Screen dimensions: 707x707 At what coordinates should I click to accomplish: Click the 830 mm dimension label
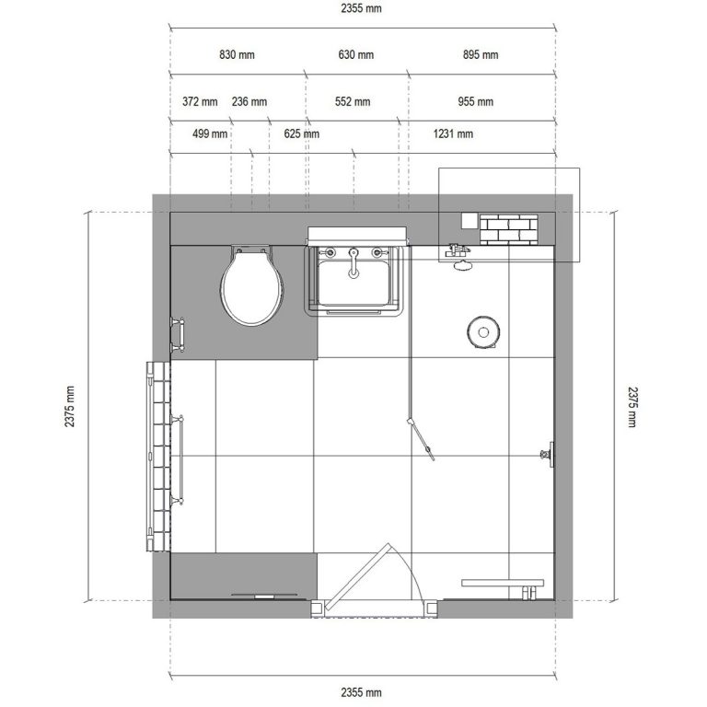(237, 55)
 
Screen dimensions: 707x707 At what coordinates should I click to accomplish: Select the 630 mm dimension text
(355, 55)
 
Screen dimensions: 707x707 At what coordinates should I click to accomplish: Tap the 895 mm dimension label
(481, 55)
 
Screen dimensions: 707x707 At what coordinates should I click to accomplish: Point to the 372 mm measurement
(200, 102)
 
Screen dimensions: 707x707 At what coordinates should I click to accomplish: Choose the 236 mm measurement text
(249, 102)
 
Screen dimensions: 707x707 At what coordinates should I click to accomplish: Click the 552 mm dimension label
(353, 102)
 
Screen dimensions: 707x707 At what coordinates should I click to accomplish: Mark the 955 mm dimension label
(476, 102)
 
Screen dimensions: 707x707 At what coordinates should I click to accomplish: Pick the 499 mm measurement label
(210, 133)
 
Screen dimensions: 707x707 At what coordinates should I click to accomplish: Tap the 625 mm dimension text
(302, 133)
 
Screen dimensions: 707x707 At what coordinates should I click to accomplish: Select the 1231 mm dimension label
(453, 133)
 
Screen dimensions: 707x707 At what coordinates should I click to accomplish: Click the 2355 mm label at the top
(361, 8)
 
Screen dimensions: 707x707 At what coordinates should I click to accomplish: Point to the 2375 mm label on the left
(69, 406)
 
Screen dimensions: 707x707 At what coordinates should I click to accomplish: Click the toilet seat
(251, 287)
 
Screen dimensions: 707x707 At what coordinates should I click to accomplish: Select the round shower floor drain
(483, 332)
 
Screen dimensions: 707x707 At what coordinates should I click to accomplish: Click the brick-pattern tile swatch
(508, 230)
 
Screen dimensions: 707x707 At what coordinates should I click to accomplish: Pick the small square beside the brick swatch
(469, 221)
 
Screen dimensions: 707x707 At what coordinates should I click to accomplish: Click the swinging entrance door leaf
(359, 577)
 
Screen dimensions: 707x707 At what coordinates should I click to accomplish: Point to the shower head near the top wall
(462, 265)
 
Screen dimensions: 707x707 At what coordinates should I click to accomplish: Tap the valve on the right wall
(548, 454)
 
